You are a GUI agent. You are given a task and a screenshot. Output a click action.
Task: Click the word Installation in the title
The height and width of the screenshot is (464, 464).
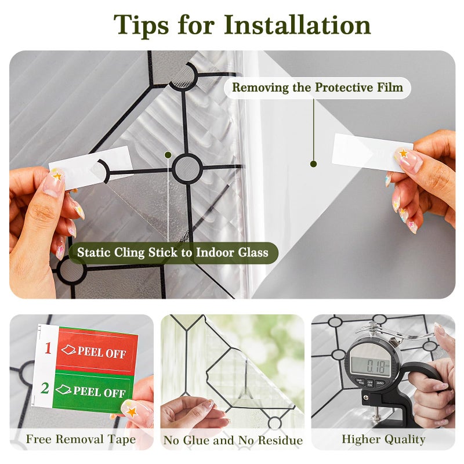point(297,25)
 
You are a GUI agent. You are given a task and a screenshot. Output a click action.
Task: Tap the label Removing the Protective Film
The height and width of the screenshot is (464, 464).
point(317,88)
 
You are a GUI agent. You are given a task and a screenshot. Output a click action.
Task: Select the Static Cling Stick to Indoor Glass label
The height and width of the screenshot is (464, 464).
point(173,252)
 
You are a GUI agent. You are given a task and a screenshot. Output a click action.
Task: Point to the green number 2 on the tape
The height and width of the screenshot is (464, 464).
point(45,388)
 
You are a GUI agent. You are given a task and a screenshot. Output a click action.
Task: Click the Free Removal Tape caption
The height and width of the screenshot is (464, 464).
point(81,439)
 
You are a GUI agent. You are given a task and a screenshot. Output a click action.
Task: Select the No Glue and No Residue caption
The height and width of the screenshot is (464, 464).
point(233,440)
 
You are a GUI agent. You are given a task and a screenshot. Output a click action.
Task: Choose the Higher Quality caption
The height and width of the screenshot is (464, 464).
point(383,440)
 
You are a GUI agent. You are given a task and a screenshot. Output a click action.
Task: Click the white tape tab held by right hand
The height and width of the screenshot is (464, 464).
point(372,153)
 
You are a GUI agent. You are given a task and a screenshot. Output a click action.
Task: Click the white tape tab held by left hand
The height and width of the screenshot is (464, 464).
point(90,166)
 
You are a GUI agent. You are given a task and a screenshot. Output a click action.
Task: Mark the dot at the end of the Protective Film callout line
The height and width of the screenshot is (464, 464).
point(313,164)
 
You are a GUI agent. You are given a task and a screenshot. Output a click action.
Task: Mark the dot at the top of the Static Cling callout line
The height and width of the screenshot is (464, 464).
point(168,155)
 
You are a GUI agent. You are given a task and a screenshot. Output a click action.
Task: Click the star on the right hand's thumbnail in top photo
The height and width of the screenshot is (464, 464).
point(403,153)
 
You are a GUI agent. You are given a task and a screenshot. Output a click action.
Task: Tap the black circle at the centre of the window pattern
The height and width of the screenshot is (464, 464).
point(187,168)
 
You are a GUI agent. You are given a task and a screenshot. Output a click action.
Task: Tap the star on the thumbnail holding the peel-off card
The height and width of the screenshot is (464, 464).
point(132,412)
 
